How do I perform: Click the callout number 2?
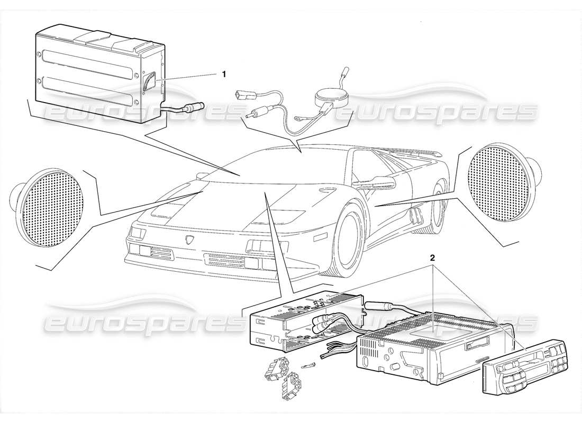(432, 259)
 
